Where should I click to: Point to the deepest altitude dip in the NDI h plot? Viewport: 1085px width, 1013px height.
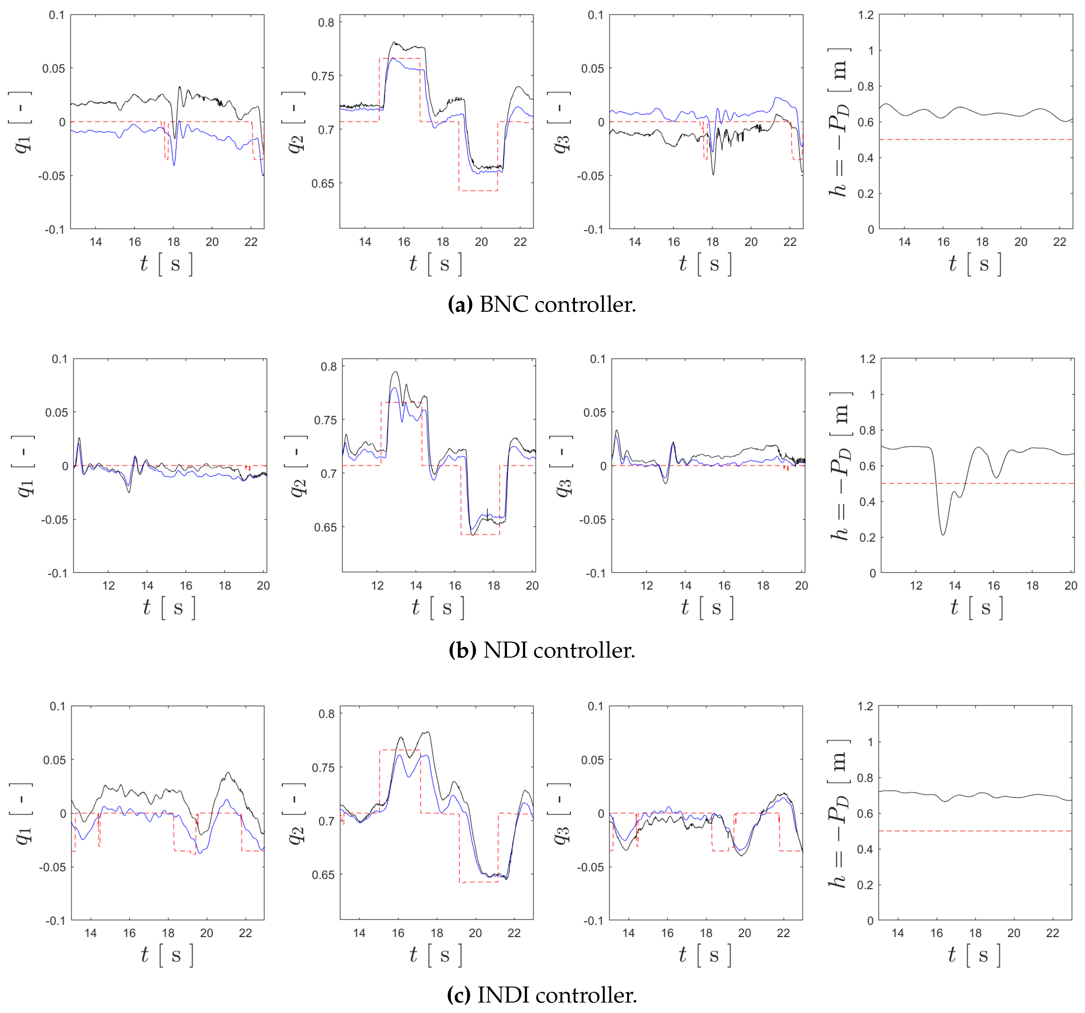[x=942, y=534]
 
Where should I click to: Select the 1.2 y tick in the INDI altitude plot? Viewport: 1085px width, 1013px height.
[x=865, y=706]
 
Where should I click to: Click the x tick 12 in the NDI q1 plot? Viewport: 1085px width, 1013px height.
[x=108, y=585]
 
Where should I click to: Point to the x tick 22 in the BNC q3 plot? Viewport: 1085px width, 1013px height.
[x=790, y=242]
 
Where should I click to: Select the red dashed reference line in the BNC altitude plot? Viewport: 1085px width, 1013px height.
[x=977, y=140]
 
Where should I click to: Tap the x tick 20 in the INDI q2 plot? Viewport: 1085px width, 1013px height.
[x=475, y=933]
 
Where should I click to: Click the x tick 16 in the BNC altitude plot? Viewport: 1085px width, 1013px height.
[x=943, y=242]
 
